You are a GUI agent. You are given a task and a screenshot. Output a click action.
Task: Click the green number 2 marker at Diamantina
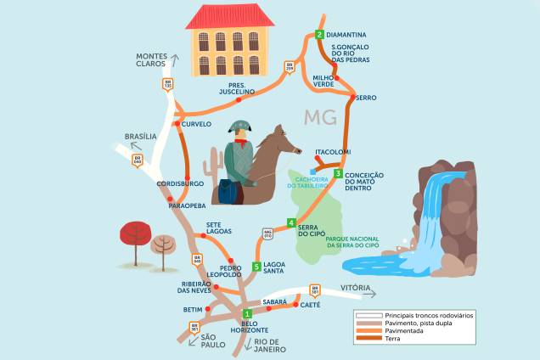(x=319, y=35)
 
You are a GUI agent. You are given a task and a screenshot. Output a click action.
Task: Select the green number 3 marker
(x=338, y=174)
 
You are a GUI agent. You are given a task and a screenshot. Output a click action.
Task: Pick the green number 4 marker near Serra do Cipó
(x=291, y=224)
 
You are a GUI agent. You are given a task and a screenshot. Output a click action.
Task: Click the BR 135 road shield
(x=167, y=85)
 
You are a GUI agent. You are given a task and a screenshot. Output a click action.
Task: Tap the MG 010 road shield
(x=267, y=233)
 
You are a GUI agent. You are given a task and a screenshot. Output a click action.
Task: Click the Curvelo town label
(x=196, y=124)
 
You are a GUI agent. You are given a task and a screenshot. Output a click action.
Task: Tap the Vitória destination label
(x=356, y=289)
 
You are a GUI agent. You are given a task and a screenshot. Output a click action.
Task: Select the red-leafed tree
(x=134, y=233)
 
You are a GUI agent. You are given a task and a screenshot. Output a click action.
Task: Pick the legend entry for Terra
(x=391, y=338)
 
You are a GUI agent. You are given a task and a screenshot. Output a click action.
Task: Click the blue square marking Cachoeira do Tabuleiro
(x=312, y=182)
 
